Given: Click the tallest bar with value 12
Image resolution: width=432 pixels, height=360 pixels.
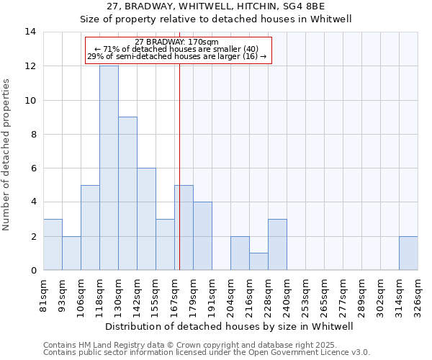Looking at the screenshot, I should pyautogui.click(x=109, y=168).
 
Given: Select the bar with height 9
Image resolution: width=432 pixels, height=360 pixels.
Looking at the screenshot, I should pyautogui.click(x=127, y=193).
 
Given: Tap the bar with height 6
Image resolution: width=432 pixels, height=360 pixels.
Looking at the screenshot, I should pyautogui.click(x=146, y=219).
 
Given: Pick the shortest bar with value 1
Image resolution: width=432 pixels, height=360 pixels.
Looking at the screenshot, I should pyautogui.click(x=258, y=261).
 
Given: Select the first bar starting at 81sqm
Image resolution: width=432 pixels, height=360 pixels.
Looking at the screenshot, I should pyautogui.click(x=53, y=244).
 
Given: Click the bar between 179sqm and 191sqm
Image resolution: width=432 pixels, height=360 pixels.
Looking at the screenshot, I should pyautogui.click(x=202, y=235).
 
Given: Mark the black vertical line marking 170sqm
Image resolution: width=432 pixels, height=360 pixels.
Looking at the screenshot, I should pyautogui.click(x=179, y=173).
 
